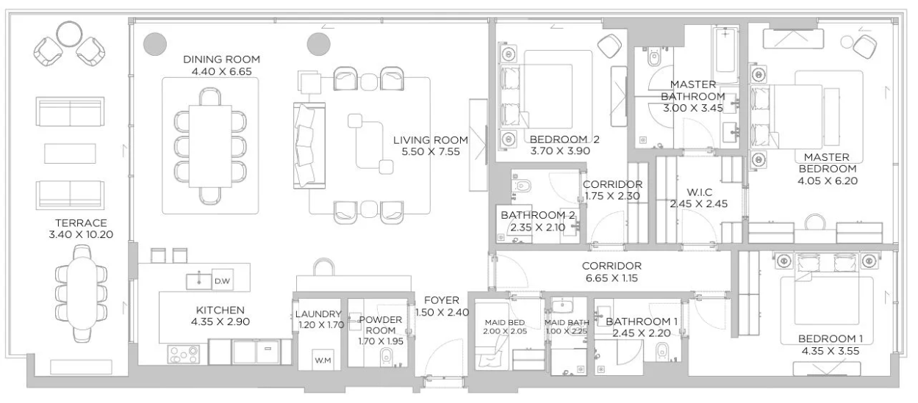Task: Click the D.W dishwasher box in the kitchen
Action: (x=223, y=280)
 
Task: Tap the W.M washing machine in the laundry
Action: (x=323, y=360)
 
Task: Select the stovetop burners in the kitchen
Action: (x=184, y=355)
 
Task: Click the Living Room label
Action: (x=430, y=140)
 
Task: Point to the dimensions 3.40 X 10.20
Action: (x=81, y=234)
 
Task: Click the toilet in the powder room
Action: (x=386, y=357)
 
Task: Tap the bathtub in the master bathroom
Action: (x=725, y=54)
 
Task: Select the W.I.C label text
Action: (x=699, y=192)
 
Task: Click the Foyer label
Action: (x=442, y=300)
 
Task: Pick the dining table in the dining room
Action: (x=210, y=146)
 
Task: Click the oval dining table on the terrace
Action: (x=81, y=294)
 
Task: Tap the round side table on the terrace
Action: (x=69, y=35)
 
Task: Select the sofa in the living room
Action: (x=309, y=145)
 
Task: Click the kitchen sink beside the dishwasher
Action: (x=198, y=281)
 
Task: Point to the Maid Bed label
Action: (x=504, y=322)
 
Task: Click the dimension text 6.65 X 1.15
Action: (x=612, y=278)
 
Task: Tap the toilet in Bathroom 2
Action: (x=522, y=186)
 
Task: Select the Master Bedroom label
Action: (x=827, y=163)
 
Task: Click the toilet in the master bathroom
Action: (x=653, y=59)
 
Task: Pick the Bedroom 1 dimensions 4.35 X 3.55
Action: (x=831, y=351)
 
